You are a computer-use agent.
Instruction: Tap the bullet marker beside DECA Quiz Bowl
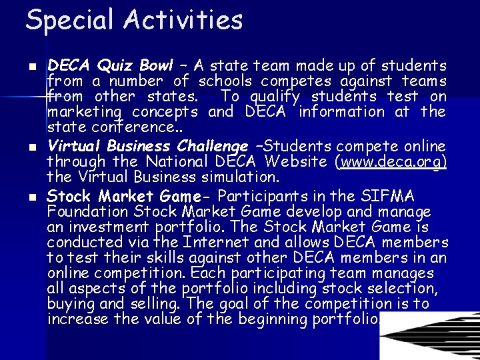[33, 67]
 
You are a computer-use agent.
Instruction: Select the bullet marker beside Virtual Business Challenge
[33, 147]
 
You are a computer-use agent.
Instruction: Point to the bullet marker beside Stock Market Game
[33, 197]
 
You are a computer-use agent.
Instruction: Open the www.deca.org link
[391, 162]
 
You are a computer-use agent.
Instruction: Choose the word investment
[103, 227]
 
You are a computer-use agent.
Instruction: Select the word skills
[163, 258]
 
